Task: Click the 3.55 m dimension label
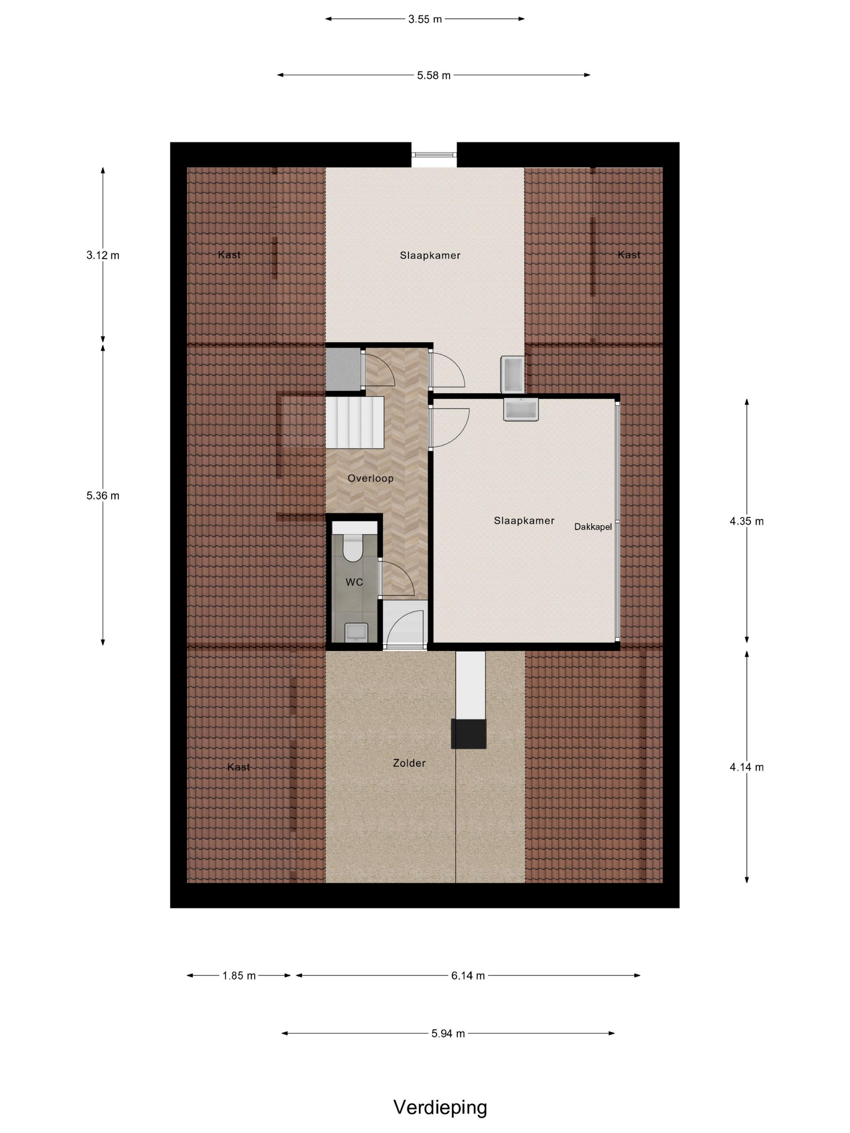coord(425,19)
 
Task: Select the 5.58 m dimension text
coord(433,75)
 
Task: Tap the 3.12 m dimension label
coord(103,255)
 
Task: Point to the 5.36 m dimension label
coord(103,495)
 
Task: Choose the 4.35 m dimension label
coord(746,521)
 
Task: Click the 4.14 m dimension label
coord(746,767)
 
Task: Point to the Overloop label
coord(370,478)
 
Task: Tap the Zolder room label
coord(409,763)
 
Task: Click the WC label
coord(354,582)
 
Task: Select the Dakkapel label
coord(593,526)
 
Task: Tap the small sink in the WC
coord(355,632)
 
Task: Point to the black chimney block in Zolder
coord(468,734)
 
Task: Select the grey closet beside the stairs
coord(343,368)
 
